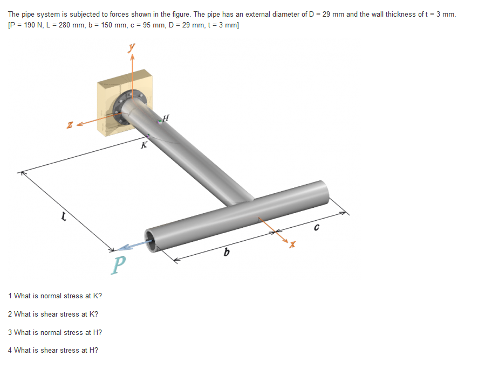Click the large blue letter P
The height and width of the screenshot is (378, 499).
(120, 264)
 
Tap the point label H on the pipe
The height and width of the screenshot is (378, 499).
(166, 117)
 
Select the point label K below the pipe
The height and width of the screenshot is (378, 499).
(144, 145)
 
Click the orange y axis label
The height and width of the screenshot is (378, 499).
(131, 47)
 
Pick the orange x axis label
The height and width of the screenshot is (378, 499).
(292, 245)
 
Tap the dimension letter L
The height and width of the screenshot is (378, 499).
(64, 216)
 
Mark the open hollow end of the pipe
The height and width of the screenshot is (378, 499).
(152, 238)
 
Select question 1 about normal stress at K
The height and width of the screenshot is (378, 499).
(55, 296)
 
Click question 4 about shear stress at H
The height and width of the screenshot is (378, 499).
(53, 350)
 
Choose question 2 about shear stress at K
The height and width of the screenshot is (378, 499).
(53, 314)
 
